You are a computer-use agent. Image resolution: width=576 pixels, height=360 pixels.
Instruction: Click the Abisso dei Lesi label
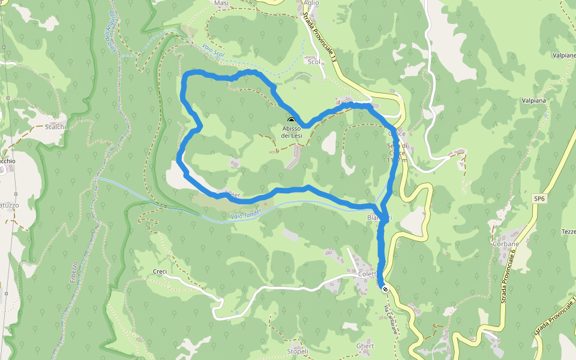(x=292, y=132)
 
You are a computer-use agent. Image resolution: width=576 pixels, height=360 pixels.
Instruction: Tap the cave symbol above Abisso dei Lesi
(x=292, y=121)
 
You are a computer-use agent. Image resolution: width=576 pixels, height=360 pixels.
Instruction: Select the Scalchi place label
(x=55, y=127)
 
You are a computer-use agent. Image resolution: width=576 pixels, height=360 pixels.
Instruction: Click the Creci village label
(x=160, y=272)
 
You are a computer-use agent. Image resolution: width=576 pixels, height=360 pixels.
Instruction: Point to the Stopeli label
(x=298, y=351)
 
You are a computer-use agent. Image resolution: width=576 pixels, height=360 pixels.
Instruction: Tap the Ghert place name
(x=365, y=346)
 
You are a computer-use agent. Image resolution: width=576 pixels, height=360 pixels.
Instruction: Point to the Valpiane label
(x=564, y=55)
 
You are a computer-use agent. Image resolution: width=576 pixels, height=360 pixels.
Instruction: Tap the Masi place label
(x=221, y=4)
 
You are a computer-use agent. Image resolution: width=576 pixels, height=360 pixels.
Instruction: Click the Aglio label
(x=312, y=3)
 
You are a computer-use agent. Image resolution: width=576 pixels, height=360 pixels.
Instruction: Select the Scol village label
(x=313, y=62)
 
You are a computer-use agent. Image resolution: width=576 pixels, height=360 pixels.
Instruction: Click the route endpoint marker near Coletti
(x=385, y=289)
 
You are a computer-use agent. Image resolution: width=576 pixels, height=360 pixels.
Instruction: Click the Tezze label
(x=568, y=232)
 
